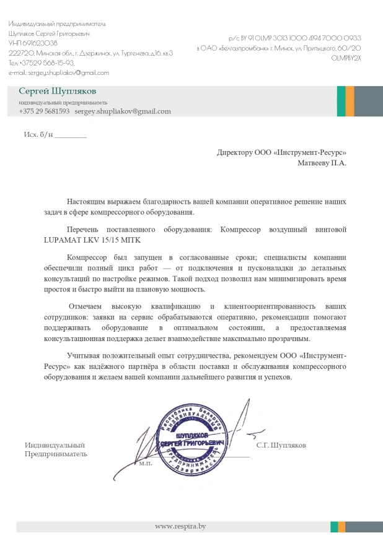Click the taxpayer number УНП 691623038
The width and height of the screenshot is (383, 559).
33,43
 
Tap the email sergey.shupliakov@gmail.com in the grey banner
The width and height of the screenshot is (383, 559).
123,111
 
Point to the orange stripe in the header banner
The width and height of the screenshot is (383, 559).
350,102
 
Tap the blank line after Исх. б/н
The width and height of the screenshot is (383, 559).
71,135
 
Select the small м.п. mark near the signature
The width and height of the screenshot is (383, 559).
146,462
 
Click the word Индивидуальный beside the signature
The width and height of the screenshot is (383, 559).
55,445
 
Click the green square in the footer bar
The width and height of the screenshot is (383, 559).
334,526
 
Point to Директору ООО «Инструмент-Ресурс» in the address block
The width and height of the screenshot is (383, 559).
281,152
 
